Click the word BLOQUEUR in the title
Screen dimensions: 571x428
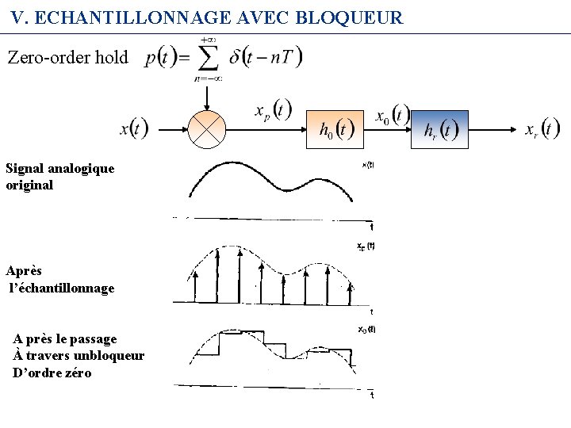(x=350, y=17)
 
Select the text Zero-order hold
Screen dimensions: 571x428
(x=67, y=57)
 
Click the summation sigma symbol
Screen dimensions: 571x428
(x=208, y=57)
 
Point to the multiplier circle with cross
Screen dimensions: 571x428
(x=206, y=128)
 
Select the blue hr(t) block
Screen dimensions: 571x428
(x=439, y=129)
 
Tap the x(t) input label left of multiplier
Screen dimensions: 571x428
(x=134, y=128)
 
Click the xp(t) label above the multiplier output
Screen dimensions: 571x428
(x=272, y=110)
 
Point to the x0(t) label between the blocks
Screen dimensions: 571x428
(x=391, y=116)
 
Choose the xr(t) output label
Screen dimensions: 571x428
(x=542, y=128)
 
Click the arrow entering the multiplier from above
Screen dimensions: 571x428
(x=206, y=96)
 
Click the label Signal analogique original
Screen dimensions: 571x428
(x=59, y=177)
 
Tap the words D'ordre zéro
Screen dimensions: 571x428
(x=52, y=373)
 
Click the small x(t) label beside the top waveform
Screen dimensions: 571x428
(x=368, y=165)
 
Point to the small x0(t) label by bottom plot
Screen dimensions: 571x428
(x=366, y=329)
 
